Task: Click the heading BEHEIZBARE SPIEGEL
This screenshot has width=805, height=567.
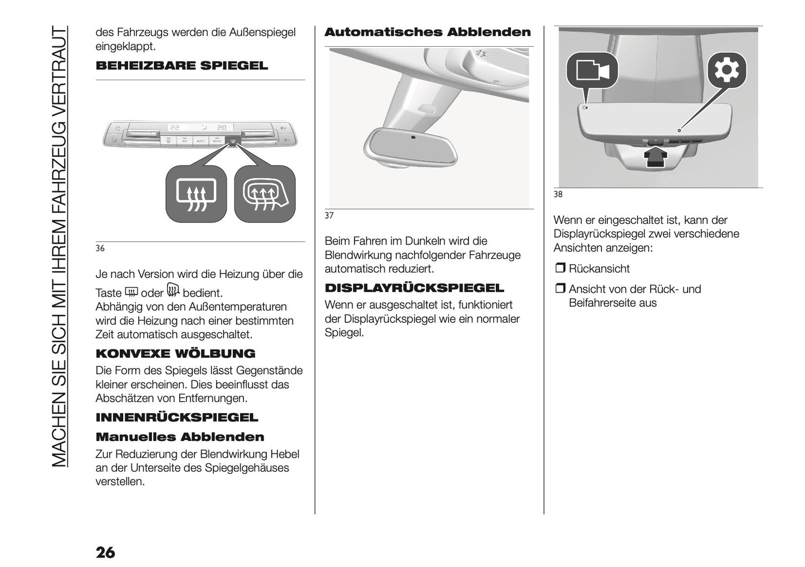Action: [182, 66]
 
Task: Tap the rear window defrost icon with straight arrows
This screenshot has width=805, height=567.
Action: [196, 194]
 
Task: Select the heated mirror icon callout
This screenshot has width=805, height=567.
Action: [265, 194]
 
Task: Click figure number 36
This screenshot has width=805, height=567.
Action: [100, 248]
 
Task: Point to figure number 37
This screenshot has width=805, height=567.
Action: [329, 216]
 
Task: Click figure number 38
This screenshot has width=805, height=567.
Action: [558, 194]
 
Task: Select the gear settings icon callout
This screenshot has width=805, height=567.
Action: [726, 71]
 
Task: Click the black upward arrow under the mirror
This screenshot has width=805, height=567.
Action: [656, 156]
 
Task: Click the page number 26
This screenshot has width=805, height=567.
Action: [105, 552]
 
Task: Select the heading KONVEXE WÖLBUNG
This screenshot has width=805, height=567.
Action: [175, 354]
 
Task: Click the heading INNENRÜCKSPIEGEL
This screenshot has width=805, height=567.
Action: [177, 418]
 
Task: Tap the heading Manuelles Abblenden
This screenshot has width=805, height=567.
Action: [180, 437]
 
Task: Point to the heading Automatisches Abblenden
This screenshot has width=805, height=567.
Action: [427, 32]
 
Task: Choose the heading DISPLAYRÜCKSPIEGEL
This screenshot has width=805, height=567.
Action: [414, 288]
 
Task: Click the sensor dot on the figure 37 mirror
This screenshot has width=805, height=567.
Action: [412, 137]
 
